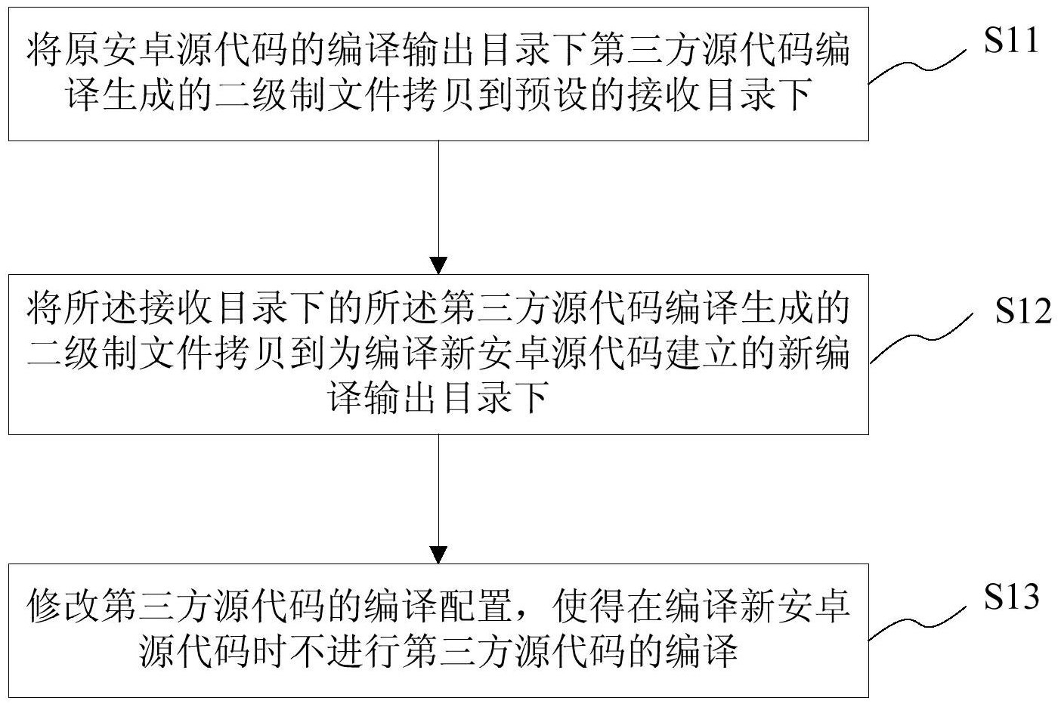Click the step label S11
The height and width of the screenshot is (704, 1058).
[x=1011, y=40]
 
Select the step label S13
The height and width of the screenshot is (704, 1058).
[x=1012, y=596]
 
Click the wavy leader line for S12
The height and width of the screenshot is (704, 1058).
[x=921, y=338]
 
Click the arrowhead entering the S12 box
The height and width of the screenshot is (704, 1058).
[x=438, y=266]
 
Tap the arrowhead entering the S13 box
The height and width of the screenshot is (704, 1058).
[x=438, y=555]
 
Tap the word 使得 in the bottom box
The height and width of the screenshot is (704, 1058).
[x=589, y=606]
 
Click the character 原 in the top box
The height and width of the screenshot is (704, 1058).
[x=82, y=49]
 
